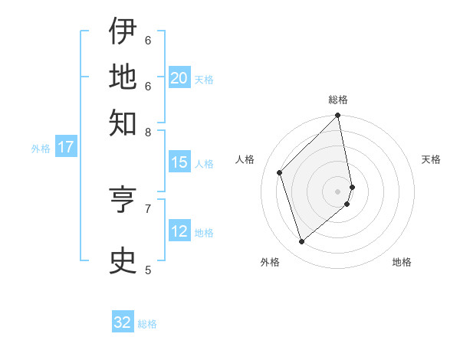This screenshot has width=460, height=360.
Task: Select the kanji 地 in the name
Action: tap(123, 76)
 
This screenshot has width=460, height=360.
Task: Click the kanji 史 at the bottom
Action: tap(123, 260)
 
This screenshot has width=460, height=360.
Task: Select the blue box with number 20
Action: tap(179, 78)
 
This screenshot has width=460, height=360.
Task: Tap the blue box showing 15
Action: tap(179, 162)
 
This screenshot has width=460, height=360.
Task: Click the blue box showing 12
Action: tap(179, 231)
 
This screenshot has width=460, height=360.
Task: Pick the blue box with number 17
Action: tap(66, 147)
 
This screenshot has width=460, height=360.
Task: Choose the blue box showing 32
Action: tap(123, 322)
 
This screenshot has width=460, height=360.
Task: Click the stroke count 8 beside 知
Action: tap(148, 132)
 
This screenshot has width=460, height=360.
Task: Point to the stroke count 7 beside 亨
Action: tap(148, 208)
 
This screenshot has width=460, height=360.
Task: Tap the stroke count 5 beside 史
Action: tap(148, 270)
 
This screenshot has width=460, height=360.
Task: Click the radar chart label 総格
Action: tap(338, 100)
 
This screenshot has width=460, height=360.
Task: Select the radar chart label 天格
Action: tap(431, 159)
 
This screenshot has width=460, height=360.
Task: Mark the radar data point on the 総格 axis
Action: tap(338, 116)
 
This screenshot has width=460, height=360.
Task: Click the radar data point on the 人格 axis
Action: tap(280, 172)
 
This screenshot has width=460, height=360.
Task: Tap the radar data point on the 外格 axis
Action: tap(302, 241)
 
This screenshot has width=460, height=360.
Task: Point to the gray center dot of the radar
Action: tap(338, 191)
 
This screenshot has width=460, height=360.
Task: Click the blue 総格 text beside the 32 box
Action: tap(147, 324)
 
